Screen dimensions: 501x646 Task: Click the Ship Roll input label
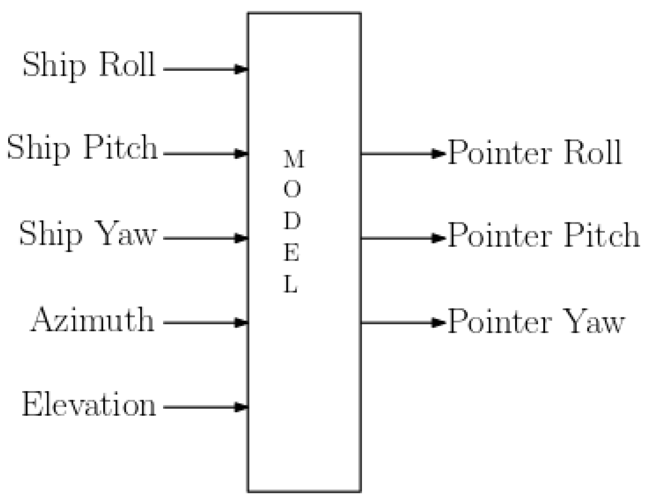(x=89, y=65)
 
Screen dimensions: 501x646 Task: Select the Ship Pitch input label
(x=82, y=148)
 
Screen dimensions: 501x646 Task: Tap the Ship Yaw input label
(x=88, y=234)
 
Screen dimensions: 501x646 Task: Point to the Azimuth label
(x=93, y=319)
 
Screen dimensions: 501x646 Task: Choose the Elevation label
(x=89, y=404)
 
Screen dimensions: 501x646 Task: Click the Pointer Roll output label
(x=534, y=153)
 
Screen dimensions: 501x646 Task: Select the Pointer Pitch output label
(x=543, y=235)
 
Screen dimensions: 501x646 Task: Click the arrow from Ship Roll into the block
(x=206, y=69)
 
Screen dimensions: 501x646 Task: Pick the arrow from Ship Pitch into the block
(x=206, y=154)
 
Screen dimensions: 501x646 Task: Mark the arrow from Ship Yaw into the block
(x=206, y=238)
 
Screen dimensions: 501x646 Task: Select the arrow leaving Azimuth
(x=206, y=323)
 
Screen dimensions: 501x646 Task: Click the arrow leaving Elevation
(x=206, y=407)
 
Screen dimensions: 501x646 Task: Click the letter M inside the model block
(x=293, y=160)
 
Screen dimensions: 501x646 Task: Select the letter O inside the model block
(x=292, y=190)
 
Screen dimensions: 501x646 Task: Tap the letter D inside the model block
(x=292, y=221)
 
